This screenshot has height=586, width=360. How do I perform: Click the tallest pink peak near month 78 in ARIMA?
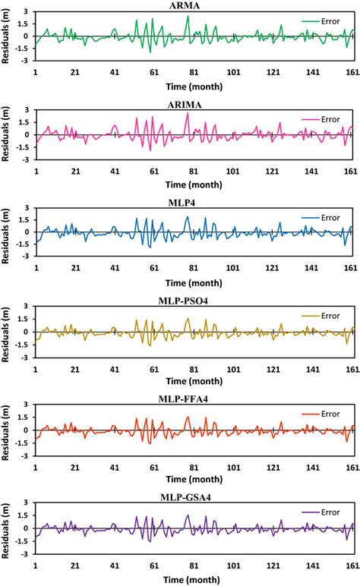pos(187,113)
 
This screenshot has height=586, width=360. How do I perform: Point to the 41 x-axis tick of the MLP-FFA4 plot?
pos(114,466)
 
